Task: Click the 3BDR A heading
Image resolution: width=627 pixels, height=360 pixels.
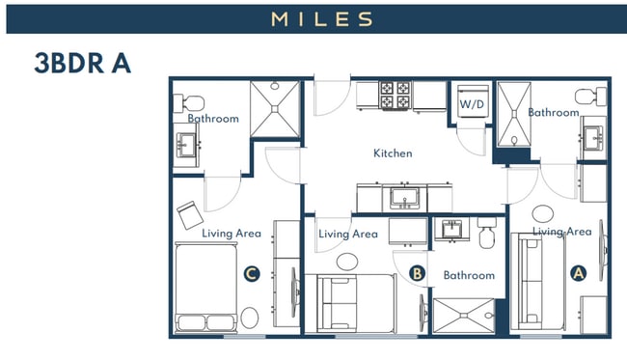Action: (82, 64)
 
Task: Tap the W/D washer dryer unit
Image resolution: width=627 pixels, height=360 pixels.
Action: (471, 103)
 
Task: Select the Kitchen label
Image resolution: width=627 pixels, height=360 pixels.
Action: (393, 153)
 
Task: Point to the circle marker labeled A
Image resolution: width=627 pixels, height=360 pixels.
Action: (579, 273)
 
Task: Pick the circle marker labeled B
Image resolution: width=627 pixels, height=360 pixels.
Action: (417, 274)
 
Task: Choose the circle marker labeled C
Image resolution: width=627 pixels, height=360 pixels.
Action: (251, 275)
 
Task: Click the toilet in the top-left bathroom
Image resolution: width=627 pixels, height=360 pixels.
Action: (190, 101)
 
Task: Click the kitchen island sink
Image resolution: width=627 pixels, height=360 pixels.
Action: (404, 198)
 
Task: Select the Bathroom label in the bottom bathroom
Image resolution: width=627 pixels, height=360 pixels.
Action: (469, 276)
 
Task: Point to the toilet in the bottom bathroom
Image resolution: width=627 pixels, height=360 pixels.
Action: (485, 234)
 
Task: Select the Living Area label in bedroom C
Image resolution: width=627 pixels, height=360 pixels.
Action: (232, 234)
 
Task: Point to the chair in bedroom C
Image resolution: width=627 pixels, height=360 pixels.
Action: (188, 210)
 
